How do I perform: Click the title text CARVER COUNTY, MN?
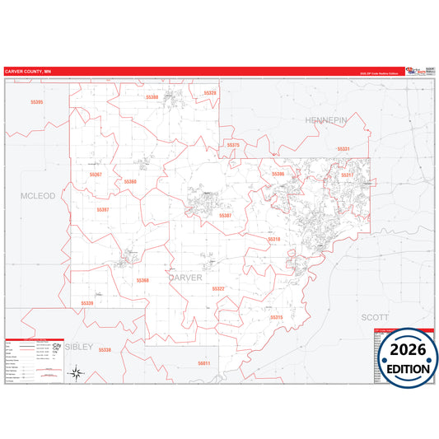[28, 72]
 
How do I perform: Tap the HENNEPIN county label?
[327, 120]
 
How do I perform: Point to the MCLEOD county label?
[38, 196]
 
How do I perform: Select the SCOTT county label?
[374, 316]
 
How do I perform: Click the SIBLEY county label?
[81, 347]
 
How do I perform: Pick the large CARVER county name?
[185, 278]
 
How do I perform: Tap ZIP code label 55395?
[36, 101]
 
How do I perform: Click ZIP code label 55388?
[152, 96]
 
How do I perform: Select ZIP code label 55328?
[210, 93]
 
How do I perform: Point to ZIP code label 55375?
[233, 145]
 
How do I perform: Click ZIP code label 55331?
[343, 149]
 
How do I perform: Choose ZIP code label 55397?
[103, 210]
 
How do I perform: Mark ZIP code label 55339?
[87, 303]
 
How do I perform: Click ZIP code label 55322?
[218, 289]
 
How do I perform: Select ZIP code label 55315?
[277, 317]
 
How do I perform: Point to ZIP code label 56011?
[204, 363]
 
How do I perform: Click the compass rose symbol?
[76, 374]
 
